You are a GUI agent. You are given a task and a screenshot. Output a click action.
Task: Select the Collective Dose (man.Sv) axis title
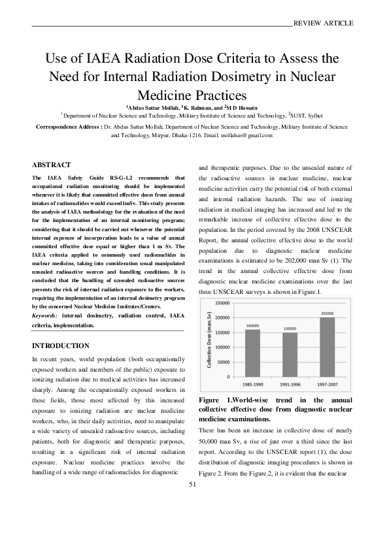[211, 339]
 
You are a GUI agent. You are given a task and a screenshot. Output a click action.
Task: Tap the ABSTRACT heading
[51, 165]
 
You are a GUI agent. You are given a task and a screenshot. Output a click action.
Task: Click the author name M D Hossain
[243, 106]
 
